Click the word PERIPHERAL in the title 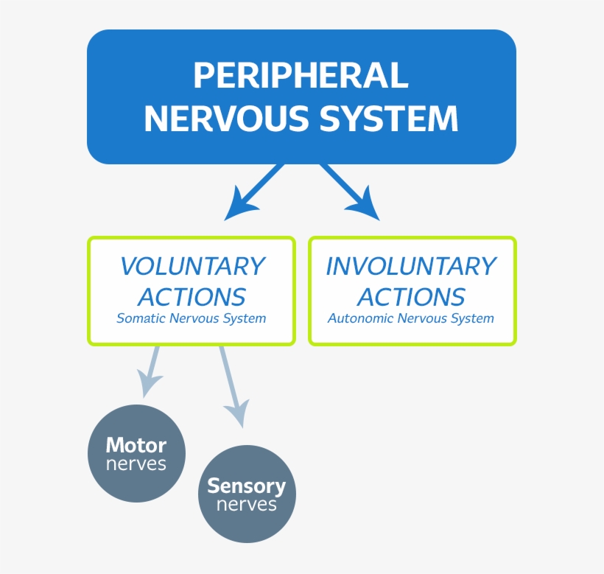point(301,75)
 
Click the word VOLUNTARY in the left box point(192,266)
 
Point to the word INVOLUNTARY point(411,266)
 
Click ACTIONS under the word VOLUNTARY point(192,297)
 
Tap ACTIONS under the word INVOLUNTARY point(411,297)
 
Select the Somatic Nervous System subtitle point(192,319)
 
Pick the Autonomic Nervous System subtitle point(411,319)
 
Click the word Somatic point(141,319)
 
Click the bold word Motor point(136,445)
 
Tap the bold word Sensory point(246,486)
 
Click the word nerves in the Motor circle point(136,464)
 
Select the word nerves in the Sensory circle point(247,505)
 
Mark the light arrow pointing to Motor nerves point(151,372)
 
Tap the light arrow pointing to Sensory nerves point(232,387)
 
